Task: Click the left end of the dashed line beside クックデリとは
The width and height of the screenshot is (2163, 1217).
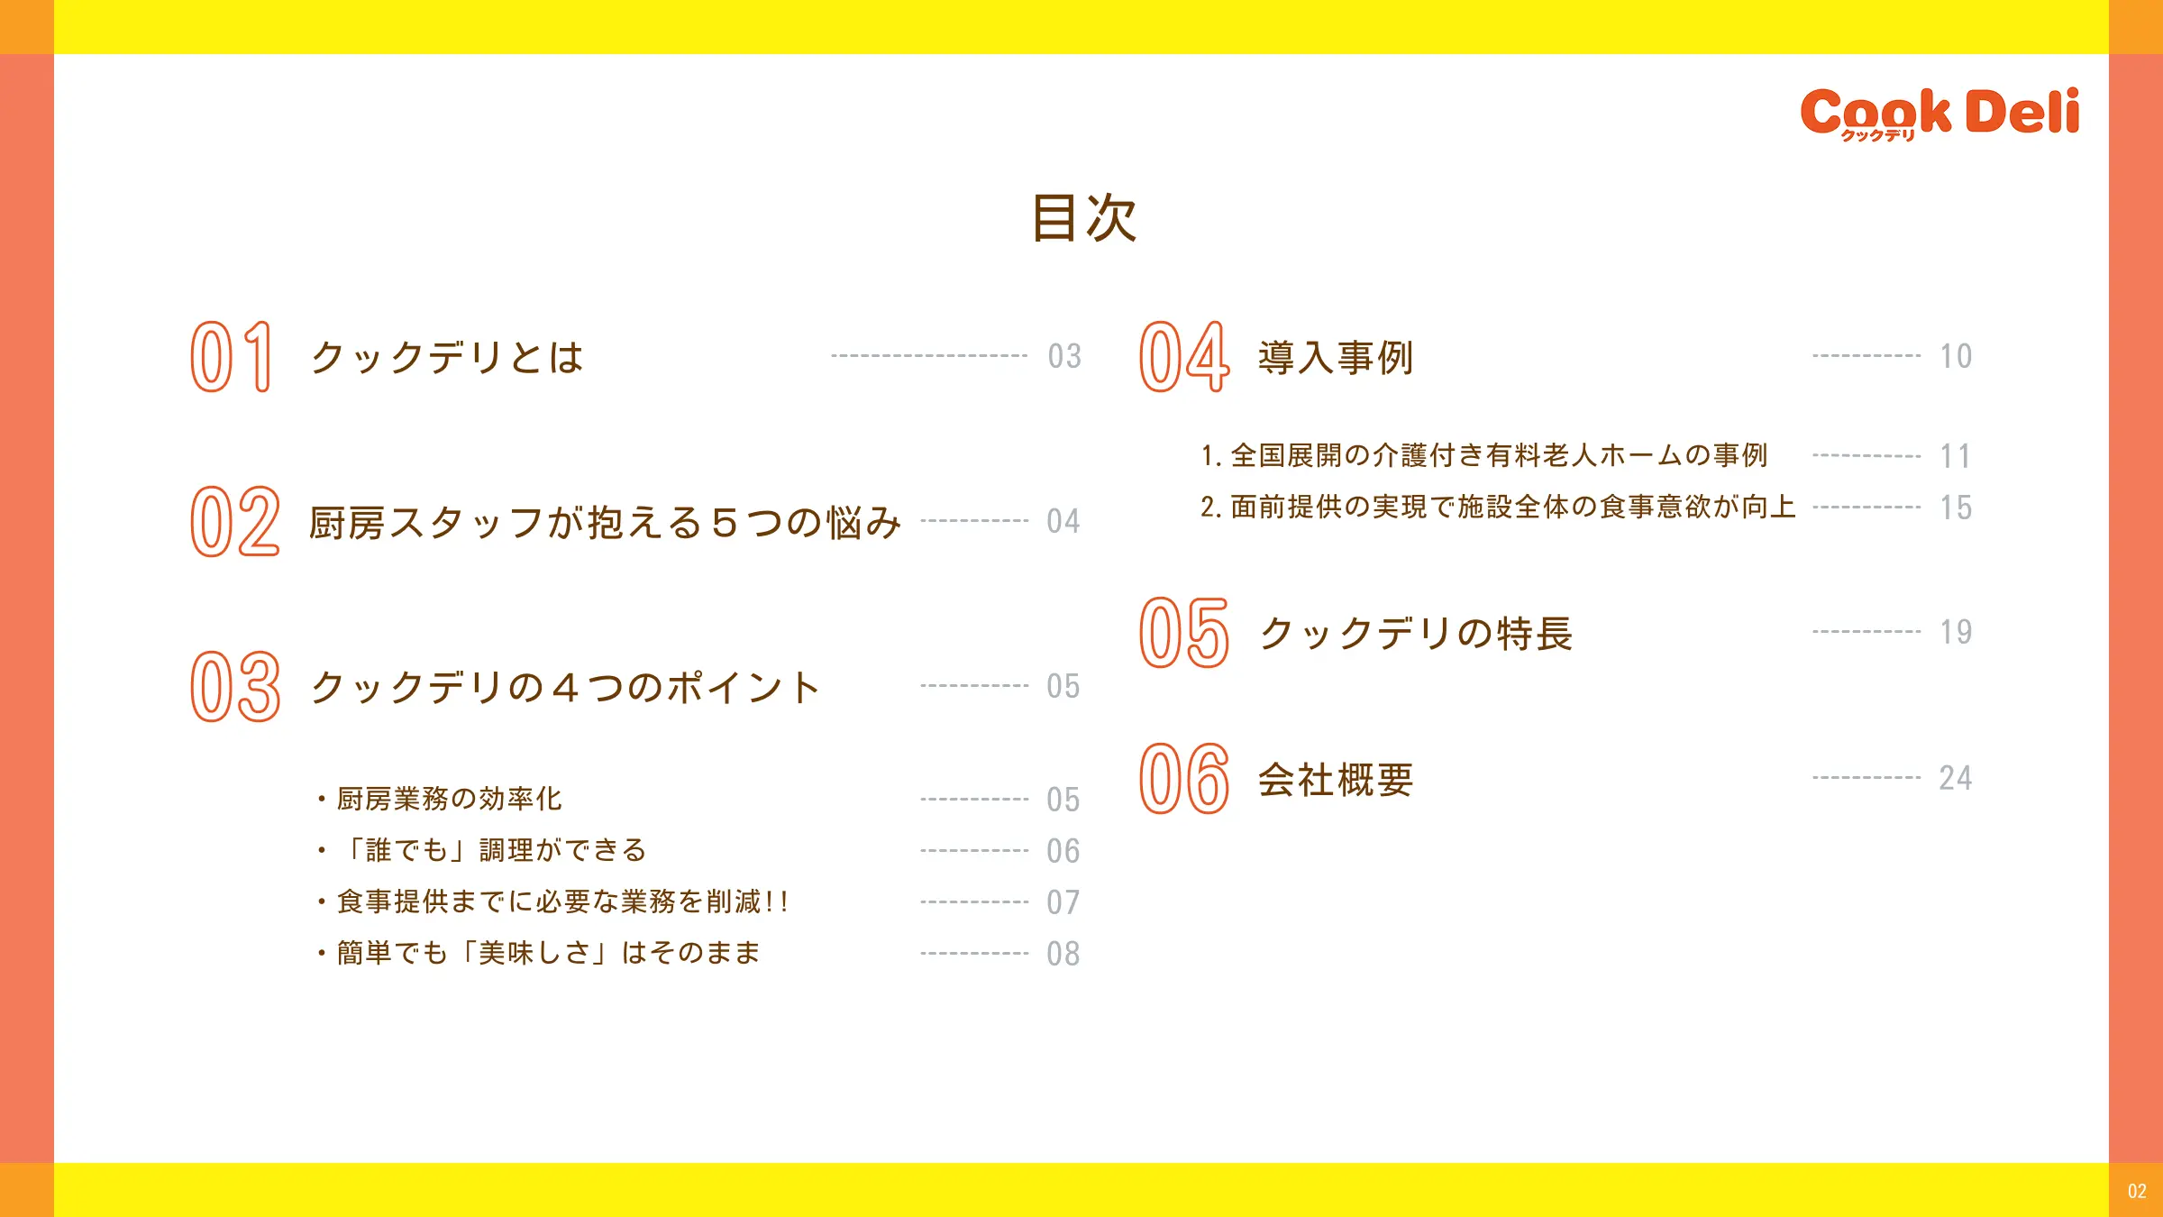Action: coord(832,356)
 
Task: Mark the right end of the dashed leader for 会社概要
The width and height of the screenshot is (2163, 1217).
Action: coord(1921,777)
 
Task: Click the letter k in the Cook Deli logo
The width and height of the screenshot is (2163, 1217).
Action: coord(1935,111)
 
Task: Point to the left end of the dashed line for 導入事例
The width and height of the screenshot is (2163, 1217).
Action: coord(1814,356)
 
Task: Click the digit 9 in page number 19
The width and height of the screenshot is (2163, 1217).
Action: coord(1962,632)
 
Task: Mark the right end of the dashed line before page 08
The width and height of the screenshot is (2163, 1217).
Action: coord(1028,953)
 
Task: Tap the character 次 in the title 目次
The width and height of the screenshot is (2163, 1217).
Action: coord(1112,218)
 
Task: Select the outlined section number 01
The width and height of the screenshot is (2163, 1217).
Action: coord(231,357)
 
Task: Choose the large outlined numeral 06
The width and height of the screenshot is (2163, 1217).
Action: coord(1184,779)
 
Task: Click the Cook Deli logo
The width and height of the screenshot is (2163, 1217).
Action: coord(1939,114)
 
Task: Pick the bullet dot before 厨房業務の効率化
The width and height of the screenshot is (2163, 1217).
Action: coord(321,799)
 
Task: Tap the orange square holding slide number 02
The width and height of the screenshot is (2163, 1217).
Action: coord(2136,1190)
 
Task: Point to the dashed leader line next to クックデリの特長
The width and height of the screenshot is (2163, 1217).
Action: coord(1867,632)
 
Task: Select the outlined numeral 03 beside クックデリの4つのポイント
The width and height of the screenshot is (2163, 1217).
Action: coord(235,687)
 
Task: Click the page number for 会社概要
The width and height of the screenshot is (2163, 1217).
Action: coord(1956,778)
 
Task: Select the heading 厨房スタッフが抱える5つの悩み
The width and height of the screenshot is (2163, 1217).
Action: coord(605,523)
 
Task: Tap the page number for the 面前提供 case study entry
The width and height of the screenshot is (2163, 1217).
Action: coord(1956,508)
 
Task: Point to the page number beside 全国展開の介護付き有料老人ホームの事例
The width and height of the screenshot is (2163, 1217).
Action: coord(1956,456)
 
